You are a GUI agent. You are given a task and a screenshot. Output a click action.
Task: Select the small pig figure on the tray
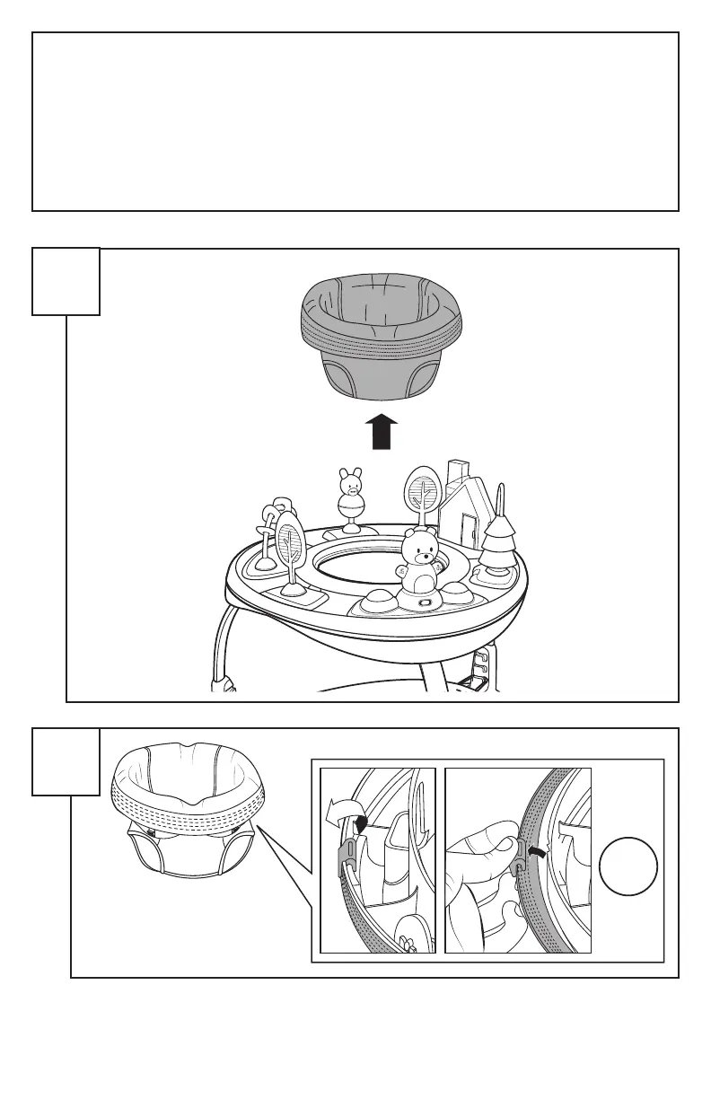[349, 489]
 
